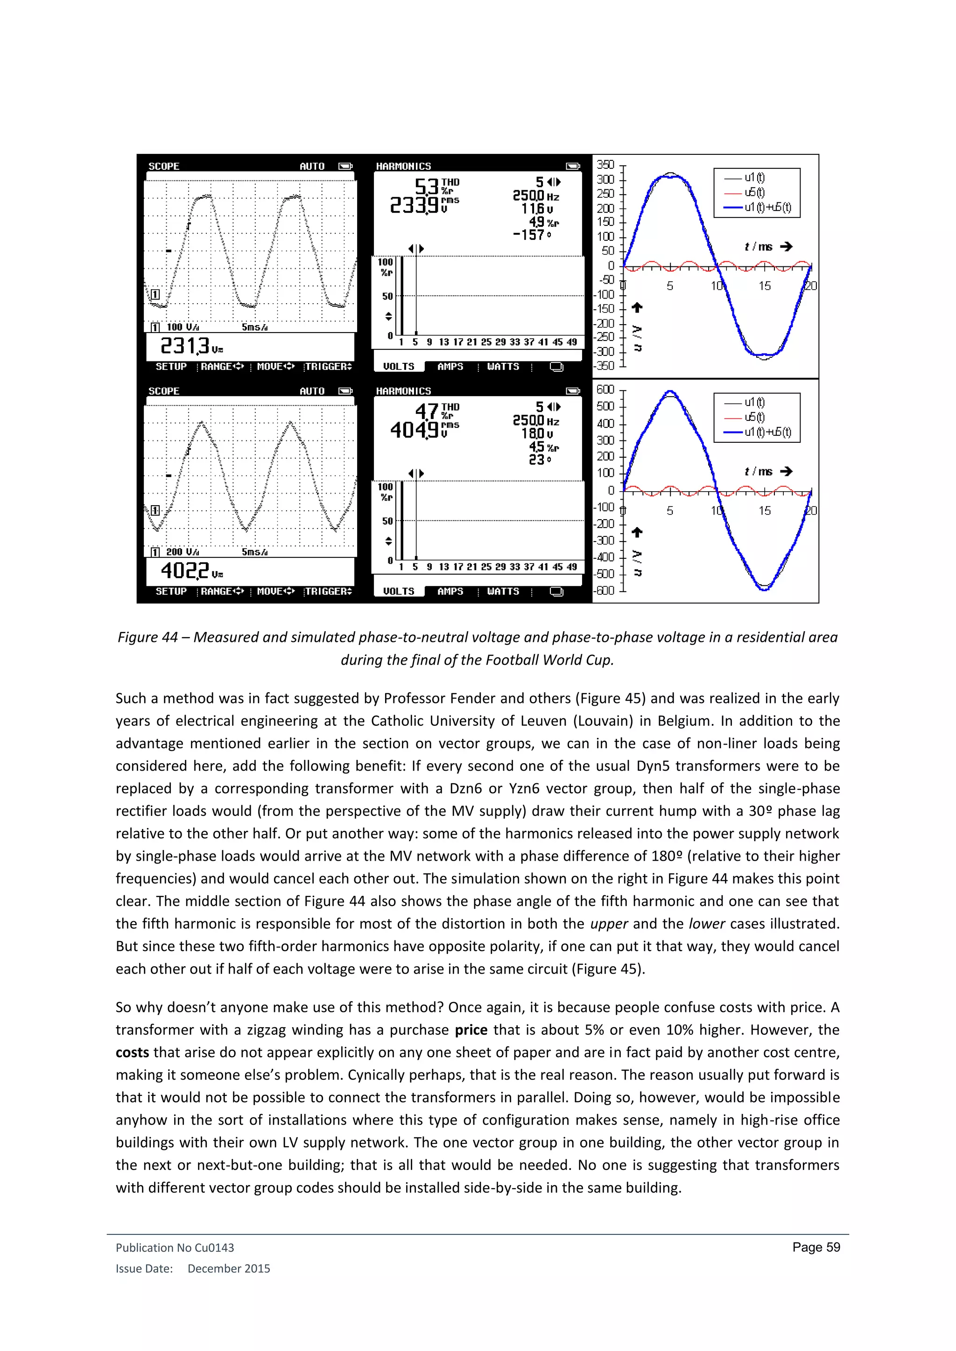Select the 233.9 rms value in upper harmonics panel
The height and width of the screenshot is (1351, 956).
click(415, 205)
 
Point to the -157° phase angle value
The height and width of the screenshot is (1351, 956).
click(532, 235)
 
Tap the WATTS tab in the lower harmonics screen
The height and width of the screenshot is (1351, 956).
click(503, 592)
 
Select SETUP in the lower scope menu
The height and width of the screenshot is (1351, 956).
click(171, 592)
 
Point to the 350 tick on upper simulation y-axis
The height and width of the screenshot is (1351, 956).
click(605, 165)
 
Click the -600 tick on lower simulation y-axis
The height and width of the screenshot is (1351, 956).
click(605, 590)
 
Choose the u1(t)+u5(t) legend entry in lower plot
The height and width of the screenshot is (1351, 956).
click(767, 432)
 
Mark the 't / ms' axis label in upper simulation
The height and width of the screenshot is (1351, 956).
click(758, 246)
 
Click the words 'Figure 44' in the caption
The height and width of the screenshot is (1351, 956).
click(147, 637)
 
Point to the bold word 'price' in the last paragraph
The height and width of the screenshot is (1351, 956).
click(471, 1030)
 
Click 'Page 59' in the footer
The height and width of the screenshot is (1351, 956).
click(816, 1247)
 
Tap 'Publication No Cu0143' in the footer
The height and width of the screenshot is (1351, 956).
click(175, 1247)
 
